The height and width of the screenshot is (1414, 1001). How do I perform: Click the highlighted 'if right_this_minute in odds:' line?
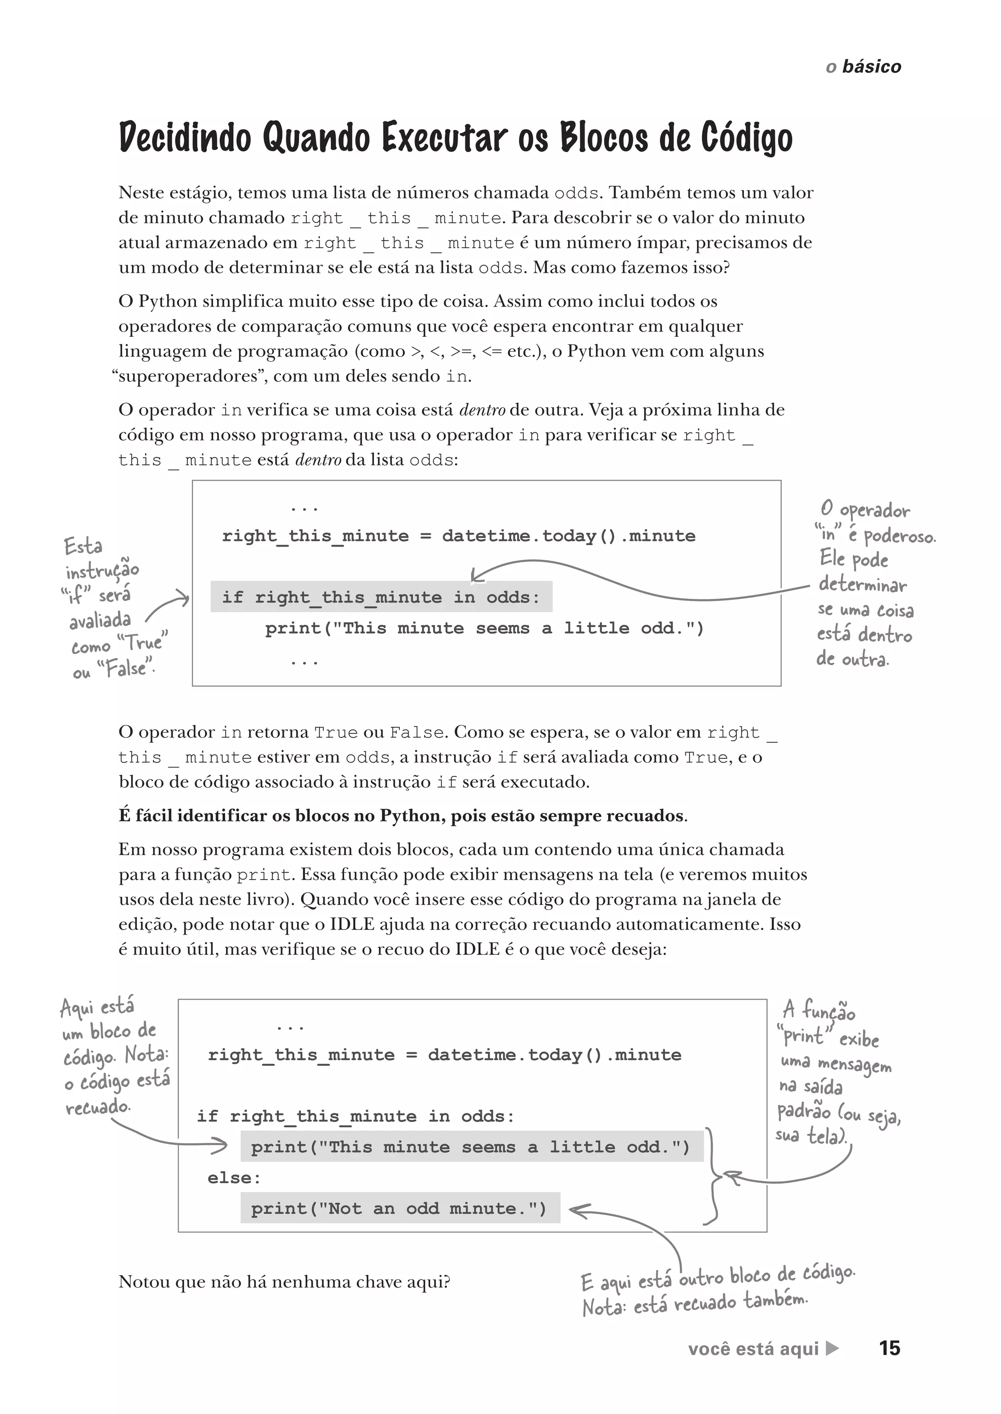click(x=380, y=597)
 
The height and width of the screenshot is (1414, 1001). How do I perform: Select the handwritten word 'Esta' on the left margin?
click(x=83, y=546)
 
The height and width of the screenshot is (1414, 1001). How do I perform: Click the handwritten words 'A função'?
click(x=819, y=1011)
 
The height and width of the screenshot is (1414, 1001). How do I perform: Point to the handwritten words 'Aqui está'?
click(x=97, y=1007)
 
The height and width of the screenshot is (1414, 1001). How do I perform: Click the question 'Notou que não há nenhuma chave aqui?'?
click(x=284, y=1282)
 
